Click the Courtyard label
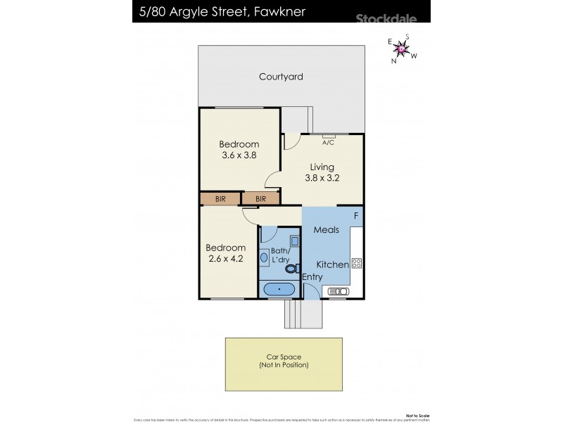point(281,77)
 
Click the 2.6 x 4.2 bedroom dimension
point(225,260)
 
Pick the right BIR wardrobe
point(260,199)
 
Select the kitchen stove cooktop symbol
point(356,264)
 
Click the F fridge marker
point(356,215)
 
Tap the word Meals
point(327,230)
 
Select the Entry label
point(312,277)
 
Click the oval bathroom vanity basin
point(264,258)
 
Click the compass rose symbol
point(402,49)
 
